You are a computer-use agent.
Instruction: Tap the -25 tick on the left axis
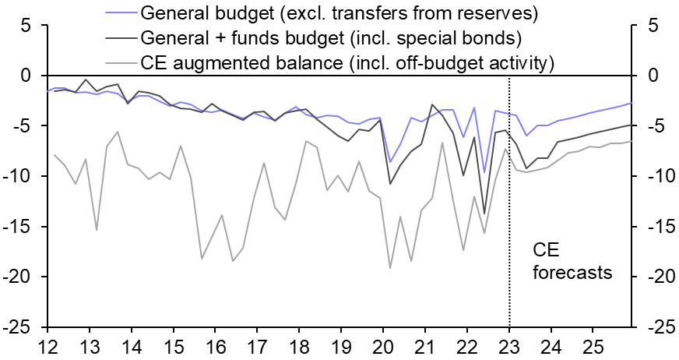click(x=24, y=328)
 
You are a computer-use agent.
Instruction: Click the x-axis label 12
click(x=48, y=346)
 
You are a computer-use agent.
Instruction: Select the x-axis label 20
click(x=383, y=346)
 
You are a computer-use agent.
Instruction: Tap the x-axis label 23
click(x=509, y=346)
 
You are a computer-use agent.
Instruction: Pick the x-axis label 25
click(x=593, y=346)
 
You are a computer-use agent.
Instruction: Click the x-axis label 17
click(x=258, y=346)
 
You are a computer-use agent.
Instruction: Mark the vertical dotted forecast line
click(x=509, y=195)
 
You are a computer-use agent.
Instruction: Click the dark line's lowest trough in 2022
click(x=484, y=214)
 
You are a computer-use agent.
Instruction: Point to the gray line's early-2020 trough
click(x=390, y=268)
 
